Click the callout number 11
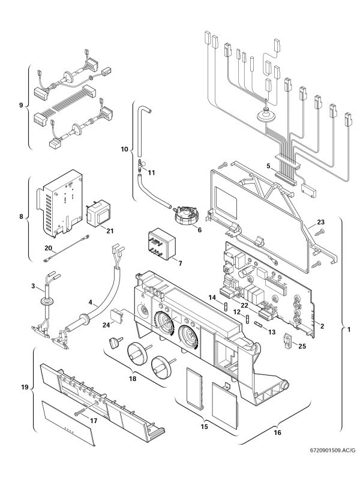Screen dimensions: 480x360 click(x=151, y=172)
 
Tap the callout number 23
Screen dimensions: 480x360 click(x=320, y=223)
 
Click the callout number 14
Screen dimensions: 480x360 click(x=211, y=298)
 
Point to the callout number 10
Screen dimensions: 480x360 click(x=124, y=148)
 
